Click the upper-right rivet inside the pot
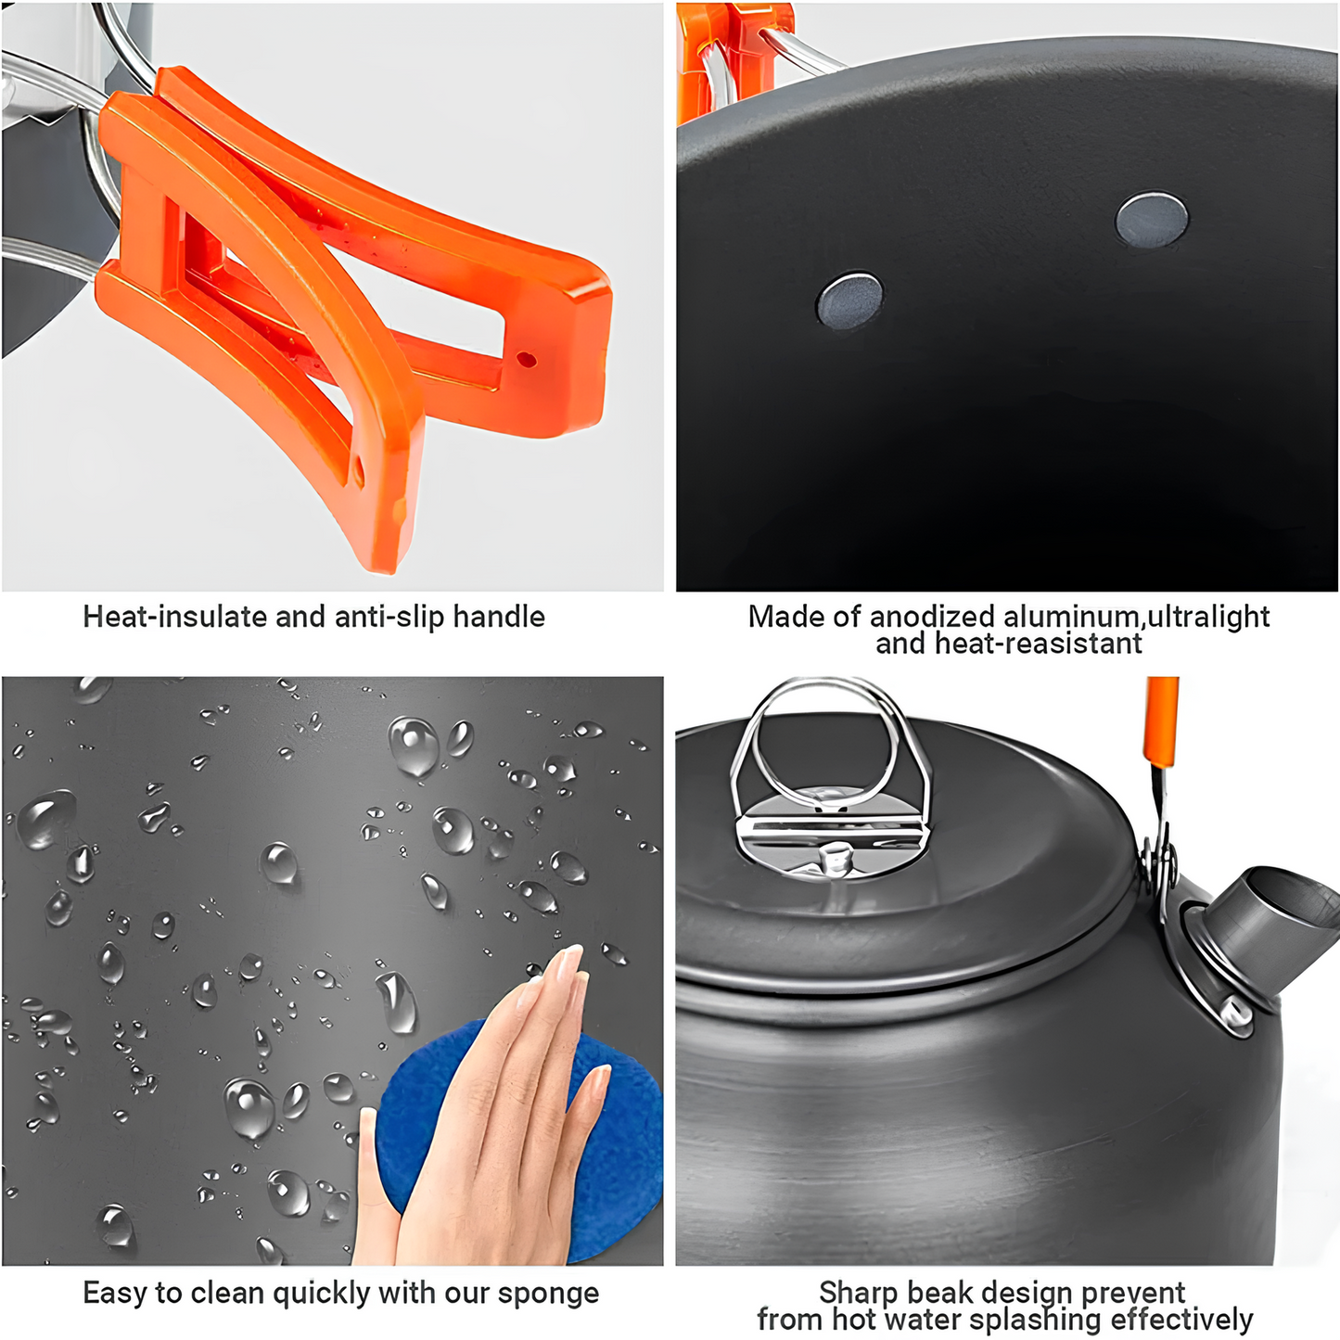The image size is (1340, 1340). click(x=1152, y=221)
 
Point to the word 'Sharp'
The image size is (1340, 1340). click(x=859, y=1292)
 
